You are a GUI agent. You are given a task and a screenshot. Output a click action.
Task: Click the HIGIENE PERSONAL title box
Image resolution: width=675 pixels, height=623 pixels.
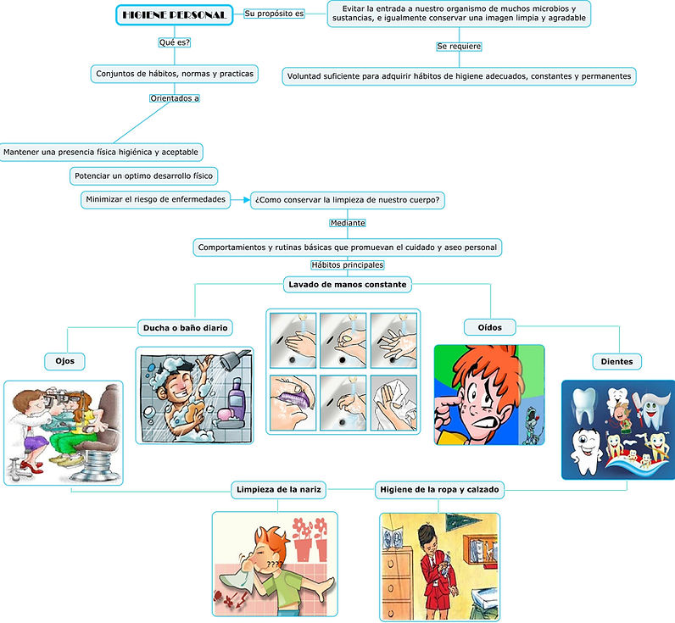pyautogui.click(x=174, y=15)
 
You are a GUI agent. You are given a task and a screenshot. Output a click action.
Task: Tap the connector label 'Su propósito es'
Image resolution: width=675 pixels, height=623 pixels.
pyautogui.click(x=274, y=14)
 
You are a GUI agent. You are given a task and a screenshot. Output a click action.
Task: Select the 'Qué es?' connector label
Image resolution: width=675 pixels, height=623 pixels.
pyautogui.click(x=175, y=42)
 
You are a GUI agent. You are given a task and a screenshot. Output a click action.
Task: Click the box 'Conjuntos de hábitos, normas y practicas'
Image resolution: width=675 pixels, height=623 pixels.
pyautogui.click(x=174, y=74)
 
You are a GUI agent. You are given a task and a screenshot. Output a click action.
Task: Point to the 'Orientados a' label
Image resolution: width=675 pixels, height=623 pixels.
pyautogui.click(x=175, y=98)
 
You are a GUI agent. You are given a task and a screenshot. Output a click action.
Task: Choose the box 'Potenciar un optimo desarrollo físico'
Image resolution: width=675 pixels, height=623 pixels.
pyautogui.click(x=143, y=175)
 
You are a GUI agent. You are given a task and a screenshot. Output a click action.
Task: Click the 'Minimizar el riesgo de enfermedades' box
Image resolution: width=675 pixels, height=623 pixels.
pyautogui.click(x=156, y=199)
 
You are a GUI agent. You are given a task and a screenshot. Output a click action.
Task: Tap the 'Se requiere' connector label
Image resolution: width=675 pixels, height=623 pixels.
pyautogui.click(x=459, y=46)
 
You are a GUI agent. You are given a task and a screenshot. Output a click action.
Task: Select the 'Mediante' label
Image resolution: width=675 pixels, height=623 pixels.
pyautogui.click(x=348, y=223)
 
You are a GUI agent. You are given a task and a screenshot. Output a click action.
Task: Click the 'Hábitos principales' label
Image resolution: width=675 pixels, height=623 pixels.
pyautogui.click(x=348, y=265)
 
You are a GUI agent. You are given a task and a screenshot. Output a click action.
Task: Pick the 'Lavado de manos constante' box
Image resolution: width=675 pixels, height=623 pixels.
pyautogui.click(x=348, y=284)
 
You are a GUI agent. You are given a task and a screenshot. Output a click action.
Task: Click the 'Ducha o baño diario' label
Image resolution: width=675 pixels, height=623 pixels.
pyautogui.click(x=185, y=327)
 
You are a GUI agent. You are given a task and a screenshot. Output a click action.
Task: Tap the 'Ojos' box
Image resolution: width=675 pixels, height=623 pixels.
pyautogui.click(x=65, y=361)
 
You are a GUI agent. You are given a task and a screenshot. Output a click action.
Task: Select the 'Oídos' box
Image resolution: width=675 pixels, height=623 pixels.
pyautogui.click(x=489, y=326)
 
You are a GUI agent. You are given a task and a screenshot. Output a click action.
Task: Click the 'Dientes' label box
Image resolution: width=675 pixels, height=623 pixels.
pyautogui.click(x=616, y=362)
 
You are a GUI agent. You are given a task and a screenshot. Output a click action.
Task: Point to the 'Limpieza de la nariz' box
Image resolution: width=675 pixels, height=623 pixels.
pyautogui.click(x=278, y=489)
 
